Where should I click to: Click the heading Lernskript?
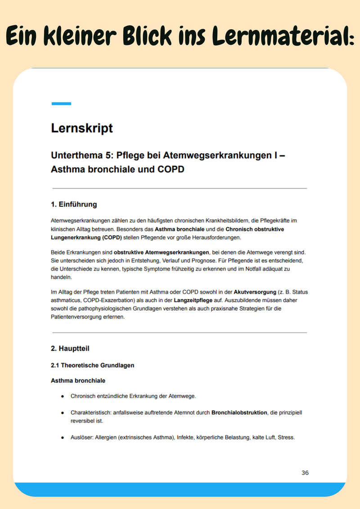(82, 128)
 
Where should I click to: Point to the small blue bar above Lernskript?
(61, 103)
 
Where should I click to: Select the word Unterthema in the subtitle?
(83, 156)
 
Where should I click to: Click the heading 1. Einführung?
(74, 205)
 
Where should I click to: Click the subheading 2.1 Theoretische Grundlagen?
(92, 365)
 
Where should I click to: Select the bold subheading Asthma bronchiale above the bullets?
(78, 380)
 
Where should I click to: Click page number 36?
(305, 473)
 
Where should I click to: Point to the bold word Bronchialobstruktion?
(239, 412)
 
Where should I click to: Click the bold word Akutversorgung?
(255, 292)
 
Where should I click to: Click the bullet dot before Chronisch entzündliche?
(63, 396)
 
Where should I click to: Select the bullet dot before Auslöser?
(63, 437)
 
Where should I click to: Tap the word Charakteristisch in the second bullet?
(90, 412)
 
